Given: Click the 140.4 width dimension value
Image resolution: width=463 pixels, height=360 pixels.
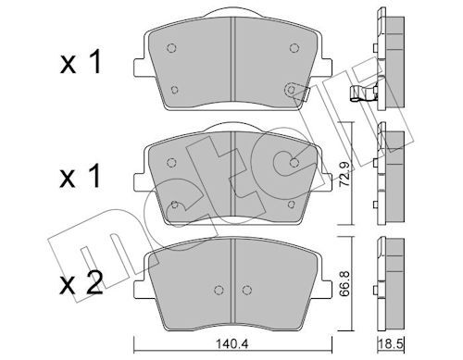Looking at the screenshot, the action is [x=232, y=344].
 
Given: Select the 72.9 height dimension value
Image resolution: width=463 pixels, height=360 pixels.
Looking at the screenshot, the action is [x=344, y=174].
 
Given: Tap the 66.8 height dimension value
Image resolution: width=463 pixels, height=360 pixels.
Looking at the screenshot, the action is [x=344, y=283].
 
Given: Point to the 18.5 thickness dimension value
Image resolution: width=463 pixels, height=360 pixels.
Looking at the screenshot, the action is [x=391, y=344].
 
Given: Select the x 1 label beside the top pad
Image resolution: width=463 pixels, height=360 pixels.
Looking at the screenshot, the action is [x=81, y=63].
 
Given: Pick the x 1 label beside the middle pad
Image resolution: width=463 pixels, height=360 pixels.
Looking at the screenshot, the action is [x=81, y=176].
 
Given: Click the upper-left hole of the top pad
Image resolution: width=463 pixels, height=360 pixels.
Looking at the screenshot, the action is [x=171, y=48].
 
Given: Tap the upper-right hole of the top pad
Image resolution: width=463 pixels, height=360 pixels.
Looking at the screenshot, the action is [x=294, y=48].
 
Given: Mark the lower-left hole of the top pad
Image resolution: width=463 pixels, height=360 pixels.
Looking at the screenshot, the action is [x=174, y=90].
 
